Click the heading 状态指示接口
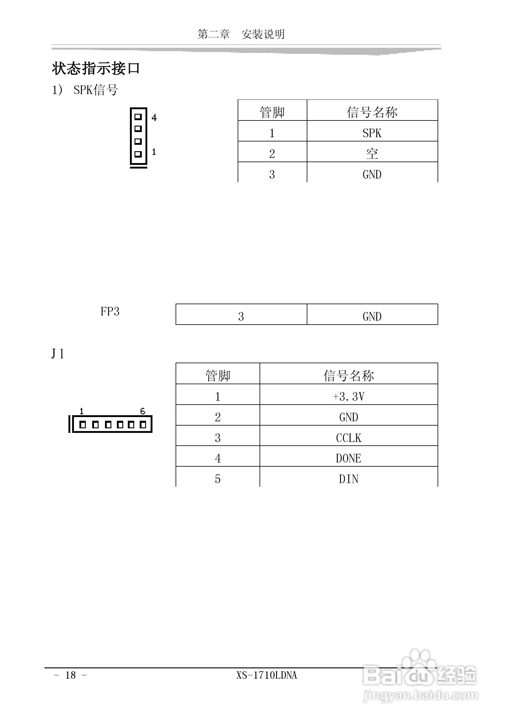point(96,68)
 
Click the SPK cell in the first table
point(372,133)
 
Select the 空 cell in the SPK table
point(372,154)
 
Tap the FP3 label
point(110,312)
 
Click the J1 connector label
point(58,354)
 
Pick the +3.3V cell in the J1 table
point(348,396)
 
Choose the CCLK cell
point(348,438)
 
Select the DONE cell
point(348,458)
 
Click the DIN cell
point(348,479)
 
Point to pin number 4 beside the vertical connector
point(154,118)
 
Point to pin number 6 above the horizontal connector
point(142,411)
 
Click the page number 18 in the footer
point(71,675)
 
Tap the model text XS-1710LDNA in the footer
point(267,675)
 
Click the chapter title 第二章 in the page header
point(214,34)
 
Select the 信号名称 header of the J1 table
point(348,376)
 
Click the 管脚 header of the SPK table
point(272,112)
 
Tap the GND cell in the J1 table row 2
point(348,417)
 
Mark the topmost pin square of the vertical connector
point(138,117)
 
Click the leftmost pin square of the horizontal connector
point(83,425)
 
